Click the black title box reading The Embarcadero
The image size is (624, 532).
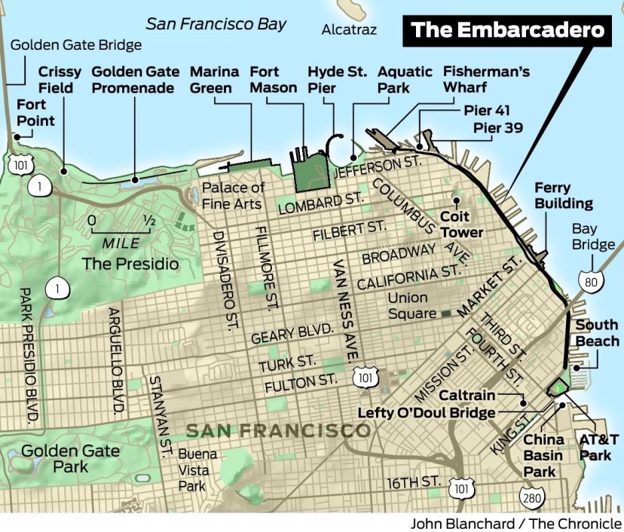click(509, 31)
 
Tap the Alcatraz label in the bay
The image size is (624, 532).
click(349, 30)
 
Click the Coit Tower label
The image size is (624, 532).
click(461, 225)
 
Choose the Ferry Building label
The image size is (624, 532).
click(563, 195)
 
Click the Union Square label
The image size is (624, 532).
click(411, 305)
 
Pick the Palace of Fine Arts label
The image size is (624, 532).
click(233, 195)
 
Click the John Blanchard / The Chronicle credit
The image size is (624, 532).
click(515, 523)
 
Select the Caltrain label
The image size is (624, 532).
click(467, 396)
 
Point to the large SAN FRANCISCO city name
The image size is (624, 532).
click(278, 431)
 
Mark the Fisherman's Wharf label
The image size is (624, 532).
click(476, 80)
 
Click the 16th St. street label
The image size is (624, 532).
click(412, 482)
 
